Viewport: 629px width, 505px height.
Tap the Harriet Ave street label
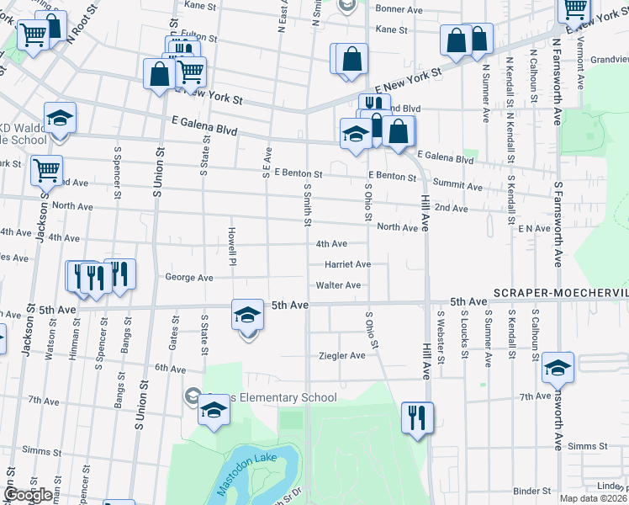click(347, 264)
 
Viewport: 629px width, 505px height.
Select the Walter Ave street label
click(338, 285)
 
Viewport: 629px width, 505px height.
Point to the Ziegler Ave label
click(341, 356)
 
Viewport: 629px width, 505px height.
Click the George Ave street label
click(189, 277)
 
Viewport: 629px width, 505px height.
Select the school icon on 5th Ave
click(247, 316)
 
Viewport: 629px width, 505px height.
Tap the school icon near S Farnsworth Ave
click(558, 368)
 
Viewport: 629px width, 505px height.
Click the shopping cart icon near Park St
click(46, 170)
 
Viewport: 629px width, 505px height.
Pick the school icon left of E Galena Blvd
click(60, 119)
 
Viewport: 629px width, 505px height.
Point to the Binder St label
click(531, 491)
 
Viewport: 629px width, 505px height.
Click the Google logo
click(28, 495)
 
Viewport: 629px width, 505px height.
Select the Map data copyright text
click(594, 498)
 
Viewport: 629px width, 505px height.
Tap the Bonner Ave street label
click(398, 8)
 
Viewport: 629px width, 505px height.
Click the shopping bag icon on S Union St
click(160, 73)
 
